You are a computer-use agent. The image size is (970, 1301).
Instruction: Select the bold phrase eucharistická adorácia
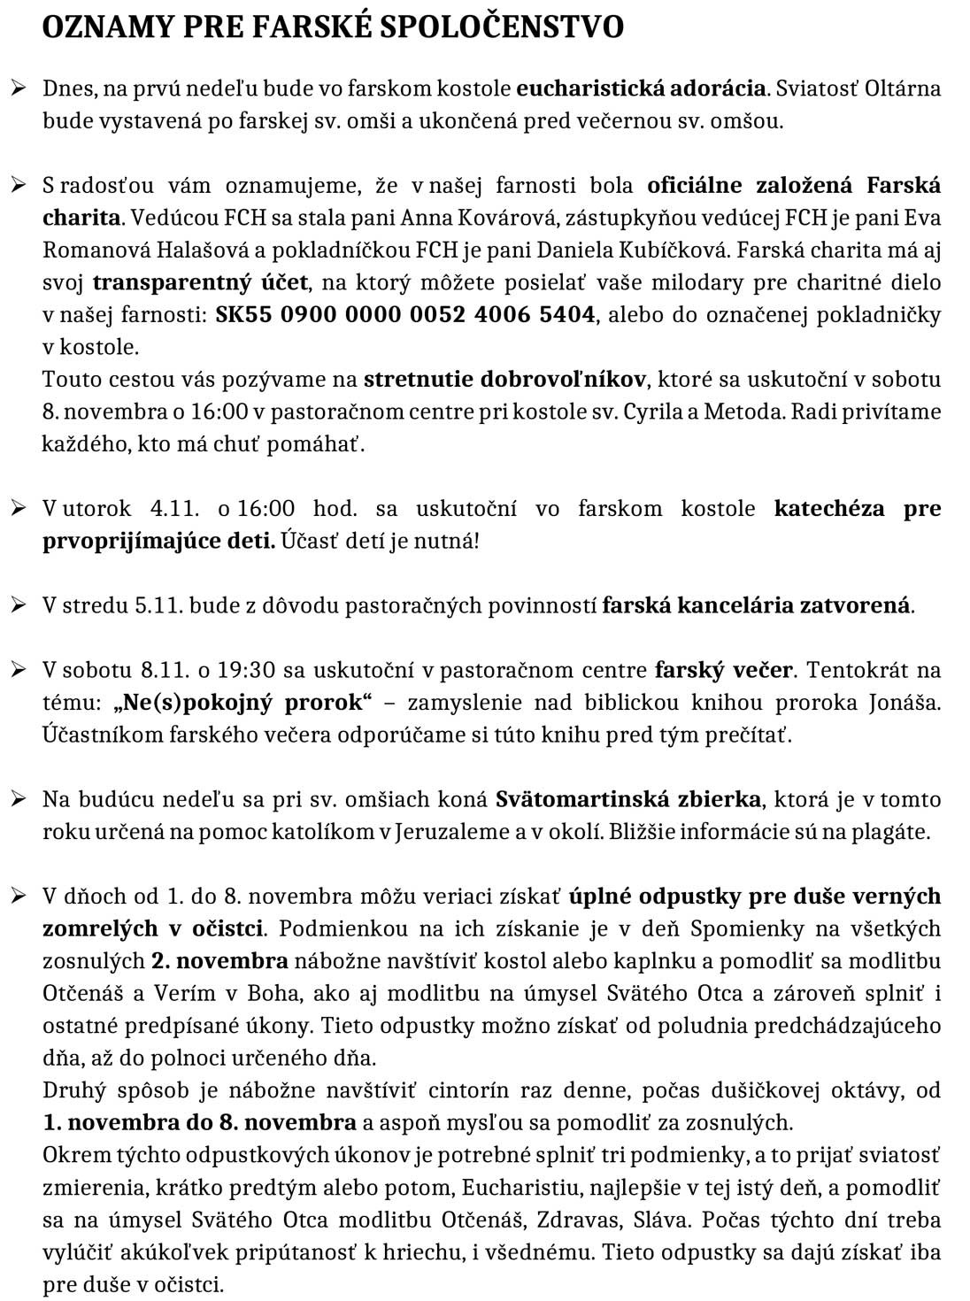point(641,89)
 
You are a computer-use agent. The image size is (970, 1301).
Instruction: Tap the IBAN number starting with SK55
point(405,314)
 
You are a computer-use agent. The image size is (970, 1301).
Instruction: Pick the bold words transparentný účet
point(201,282)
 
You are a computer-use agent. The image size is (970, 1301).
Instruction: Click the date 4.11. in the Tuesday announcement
point(176,509)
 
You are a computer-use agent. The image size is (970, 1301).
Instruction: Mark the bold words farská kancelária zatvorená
point(757,605)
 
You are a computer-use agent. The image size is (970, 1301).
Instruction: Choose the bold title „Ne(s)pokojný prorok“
point(242,703)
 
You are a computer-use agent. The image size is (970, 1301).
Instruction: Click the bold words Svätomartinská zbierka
point(627,799)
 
